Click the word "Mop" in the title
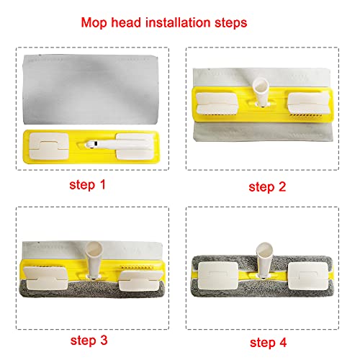point(94,23)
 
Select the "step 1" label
point(87,185)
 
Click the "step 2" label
point(267,187)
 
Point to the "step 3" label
point(89,341)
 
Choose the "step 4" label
point(268,343)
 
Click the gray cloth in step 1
point(91,89)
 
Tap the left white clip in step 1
point(49,146)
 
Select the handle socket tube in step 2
point(261,92)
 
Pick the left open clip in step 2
point(217,103)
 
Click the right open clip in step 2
point(308,103)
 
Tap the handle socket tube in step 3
point(94,260)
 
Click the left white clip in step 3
point(47,278)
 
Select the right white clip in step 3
point(140,280)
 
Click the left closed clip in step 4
point(218,276)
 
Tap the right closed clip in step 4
point(308,276)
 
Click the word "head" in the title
point(126,22)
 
